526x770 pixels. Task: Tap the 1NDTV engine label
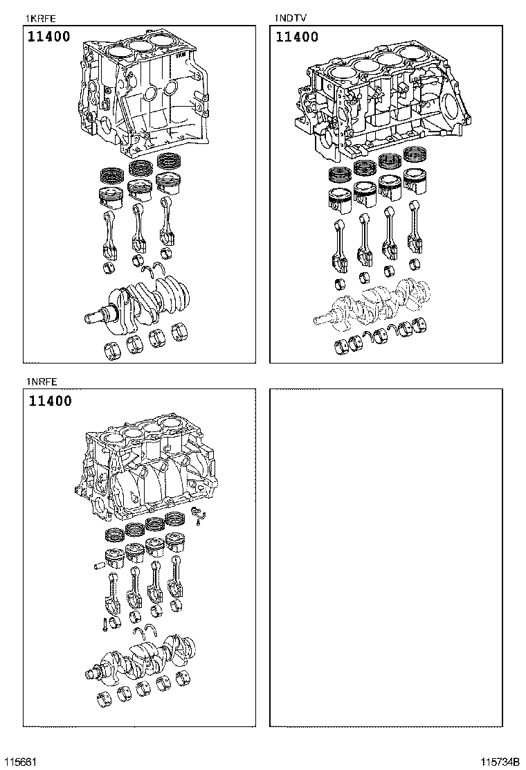click(290, 18)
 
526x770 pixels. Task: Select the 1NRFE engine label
click(41, 382)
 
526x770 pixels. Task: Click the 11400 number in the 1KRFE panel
click(49, 37)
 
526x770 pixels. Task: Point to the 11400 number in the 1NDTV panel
click(297, 37)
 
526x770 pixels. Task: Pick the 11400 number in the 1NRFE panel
click(50, 401)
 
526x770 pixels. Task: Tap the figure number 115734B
click(501, 762)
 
